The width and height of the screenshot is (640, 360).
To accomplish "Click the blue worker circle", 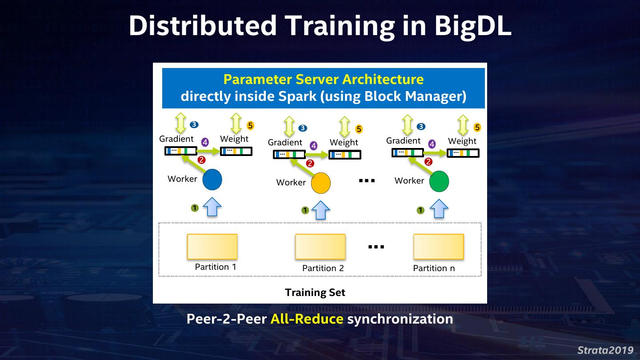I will tap(212, 180).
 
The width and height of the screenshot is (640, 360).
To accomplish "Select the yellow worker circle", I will tap(320, 183).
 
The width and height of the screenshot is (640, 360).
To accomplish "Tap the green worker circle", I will tap(439, 181).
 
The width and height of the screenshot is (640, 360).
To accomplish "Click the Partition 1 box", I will tap(212, 246).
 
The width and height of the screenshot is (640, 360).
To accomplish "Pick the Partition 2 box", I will tap(320, 247).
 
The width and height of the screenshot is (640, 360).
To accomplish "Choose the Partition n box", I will tap(439, 247).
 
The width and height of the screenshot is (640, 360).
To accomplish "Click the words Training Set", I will tap(315, 292).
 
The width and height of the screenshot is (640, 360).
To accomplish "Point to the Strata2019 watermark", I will tap(605, 350).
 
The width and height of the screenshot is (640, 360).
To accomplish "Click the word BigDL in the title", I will tap(472, 25).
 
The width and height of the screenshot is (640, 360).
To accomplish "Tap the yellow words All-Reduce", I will tap(307, 319).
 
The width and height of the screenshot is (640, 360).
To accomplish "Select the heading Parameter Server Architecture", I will tap(323, 80).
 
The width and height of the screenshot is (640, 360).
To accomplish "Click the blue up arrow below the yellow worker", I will tap(320, 210).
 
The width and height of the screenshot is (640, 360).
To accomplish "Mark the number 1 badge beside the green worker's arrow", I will tap(420, 210).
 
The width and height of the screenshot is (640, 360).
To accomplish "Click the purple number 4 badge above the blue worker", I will tap(205, 142).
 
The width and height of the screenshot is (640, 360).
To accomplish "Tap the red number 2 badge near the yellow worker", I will tap(310, 164).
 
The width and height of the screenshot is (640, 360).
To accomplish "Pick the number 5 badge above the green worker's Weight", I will tap(477, 128).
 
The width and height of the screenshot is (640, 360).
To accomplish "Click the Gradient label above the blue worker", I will tap(176, 139).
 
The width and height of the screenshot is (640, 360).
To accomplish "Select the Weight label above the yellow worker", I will tap(344, 142).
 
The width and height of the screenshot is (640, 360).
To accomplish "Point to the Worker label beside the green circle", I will tap(409, 180).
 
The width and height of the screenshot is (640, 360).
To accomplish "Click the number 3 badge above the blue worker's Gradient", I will tap(194, 124).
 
